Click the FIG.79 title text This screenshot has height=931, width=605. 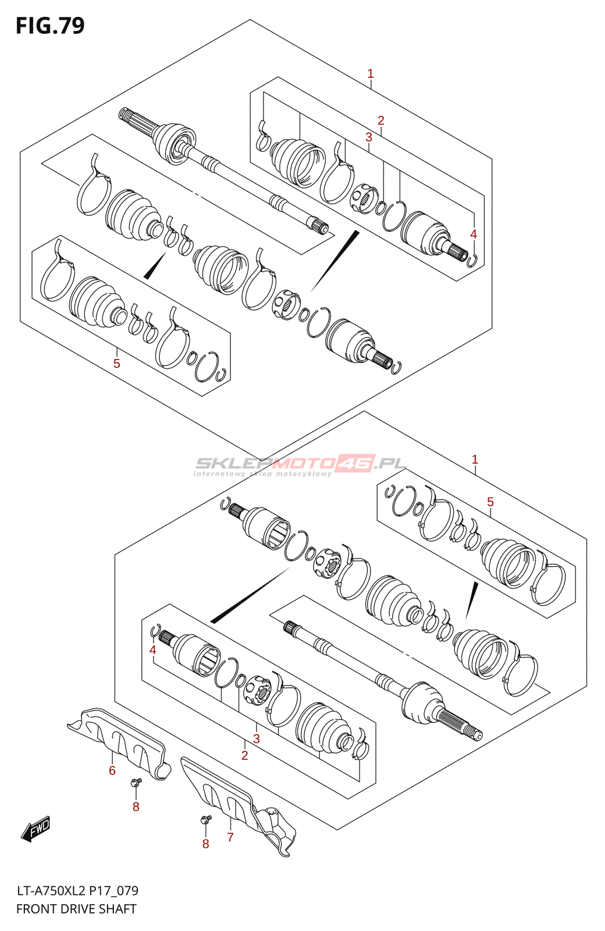click(x=50, y=26)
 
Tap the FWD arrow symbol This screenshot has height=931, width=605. click(x=36, y=829)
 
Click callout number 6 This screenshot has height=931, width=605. click(x=112, y=770)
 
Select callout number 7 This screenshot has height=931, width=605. click(x=230, y=837)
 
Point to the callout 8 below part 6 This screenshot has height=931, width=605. click(x=136, y=806)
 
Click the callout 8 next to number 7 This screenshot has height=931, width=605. click(x=205, y=844)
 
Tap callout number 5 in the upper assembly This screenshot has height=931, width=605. click(x=117, y=364)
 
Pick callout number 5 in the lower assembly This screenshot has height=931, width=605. click(x=490, y=502)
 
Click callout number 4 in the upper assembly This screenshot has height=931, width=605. click(x=474, y=234)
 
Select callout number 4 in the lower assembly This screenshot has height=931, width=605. click(x=152, y=649)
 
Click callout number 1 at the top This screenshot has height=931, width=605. click(x=371, y=74)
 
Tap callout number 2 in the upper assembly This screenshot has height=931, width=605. click(x=381, y=120)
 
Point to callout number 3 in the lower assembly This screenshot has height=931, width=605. click(x=256, y=739)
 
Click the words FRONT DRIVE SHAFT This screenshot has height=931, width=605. click(x=76, y=909)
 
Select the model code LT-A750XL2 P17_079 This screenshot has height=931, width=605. click(x=77, y=891)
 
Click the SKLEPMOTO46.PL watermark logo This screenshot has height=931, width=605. click(x=300, y=464)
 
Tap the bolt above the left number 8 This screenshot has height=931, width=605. click(x=136, y=783)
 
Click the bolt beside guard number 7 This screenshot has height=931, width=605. click(x=205, y=820)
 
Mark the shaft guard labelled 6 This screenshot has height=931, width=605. click(x=119, y=739)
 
